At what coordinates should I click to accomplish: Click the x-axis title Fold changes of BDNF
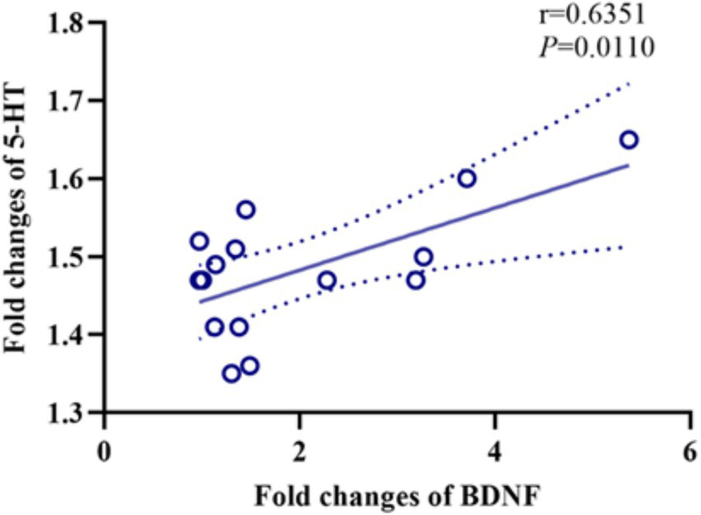(x=397, y=497)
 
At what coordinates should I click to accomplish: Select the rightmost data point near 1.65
(x=629, y=140)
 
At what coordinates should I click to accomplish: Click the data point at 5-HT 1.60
(x=467, y=179)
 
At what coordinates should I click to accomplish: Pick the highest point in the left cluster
(x=245, y=209)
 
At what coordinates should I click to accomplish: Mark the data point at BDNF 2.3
(x=327, y=281)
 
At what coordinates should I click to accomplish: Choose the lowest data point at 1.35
(x=231, y=373)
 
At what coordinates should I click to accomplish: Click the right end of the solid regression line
(x=629, y=165)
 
